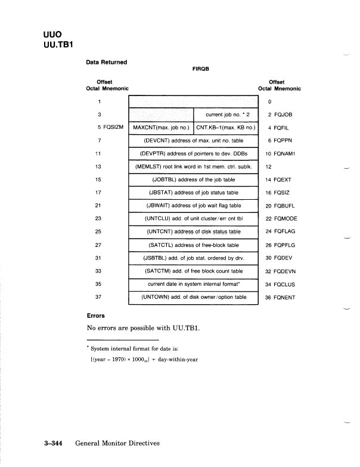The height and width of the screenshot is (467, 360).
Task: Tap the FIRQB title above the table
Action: click(200, 69)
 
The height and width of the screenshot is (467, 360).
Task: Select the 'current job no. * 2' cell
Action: click(226, 114)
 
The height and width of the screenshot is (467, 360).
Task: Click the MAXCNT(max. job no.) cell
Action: click(161, 127)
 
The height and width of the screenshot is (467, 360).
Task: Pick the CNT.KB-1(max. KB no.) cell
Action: click(226, 127)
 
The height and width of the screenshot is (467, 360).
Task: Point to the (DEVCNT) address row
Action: click(193, 140)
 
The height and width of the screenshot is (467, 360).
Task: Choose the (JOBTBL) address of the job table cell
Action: click(193, 179)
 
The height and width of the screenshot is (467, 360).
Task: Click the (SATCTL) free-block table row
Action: click(193, 245)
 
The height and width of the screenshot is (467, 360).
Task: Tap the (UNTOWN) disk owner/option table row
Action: click(193, 296)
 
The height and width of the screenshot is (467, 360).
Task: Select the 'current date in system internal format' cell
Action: click(193, 283)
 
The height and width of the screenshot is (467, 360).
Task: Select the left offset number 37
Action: click(100, 296)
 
